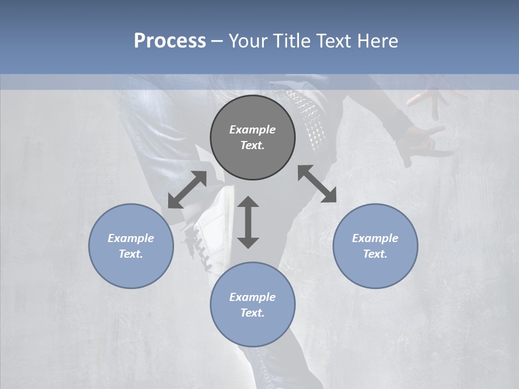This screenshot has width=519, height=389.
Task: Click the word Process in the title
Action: (170, 41)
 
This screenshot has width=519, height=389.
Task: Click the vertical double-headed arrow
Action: (248, 222)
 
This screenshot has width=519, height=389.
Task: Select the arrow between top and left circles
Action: (187, 190)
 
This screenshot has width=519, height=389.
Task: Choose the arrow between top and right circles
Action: (317, 184)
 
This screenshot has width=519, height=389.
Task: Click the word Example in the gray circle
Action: (252, 130)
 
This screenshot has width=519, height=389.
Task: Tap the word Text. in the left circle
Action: (131, 254)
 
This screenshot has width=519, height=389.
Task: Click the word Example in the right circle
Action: (375, 238)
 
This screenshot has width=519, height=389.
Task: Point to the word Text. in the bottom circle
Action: (252, 313)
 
